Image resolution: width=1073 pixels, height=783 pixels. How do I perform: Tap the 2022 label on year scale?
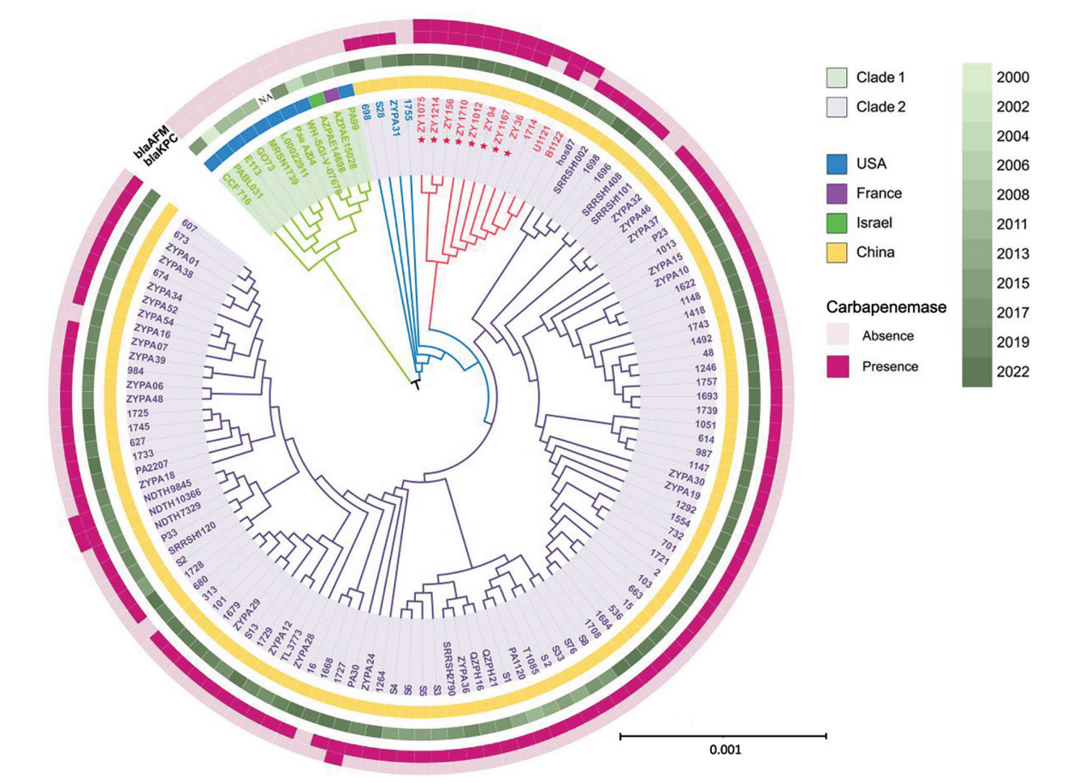(1018, 371)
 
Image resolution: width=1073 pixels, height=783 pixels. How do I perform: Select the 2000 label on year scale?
(1018, 78)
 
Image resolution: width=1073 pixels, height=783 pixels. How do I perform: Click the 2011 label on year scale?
(1018, 225)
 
